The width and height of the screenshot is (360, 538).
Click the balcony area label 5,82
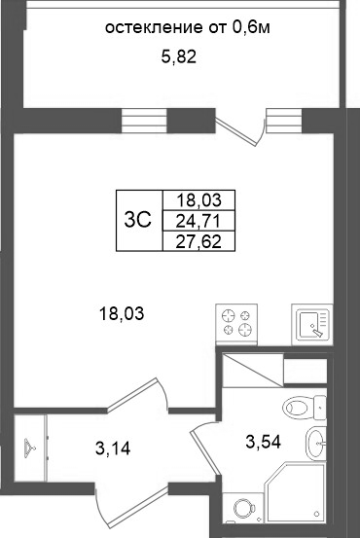pos(179,57)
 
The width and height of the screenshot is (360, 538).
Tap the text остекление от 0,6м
pos(188,27)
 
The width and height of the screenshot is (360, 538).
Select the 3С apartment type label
pos(138,220)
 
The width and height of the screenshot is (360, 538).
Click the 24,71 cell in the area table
pos(198,221)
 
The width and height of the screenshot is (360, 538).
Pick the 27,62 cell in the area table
pos(198,242)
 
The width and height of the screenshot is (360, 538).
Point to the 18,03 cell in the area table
pos(198,200)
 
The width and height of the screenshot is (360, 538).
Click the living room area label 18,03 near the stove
pos(122,314)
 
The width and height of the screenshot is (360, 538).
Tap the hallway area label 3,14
pos(113,448)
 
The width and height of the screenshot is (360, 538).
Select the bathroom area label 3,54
pos(264,442)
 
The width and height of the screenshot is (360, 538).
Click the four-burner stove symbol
pos(236,324)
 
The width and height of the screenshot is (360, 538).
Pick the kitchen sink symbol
pos(312,324)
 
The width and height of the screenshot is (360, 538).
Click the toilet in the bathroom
pos(305,408)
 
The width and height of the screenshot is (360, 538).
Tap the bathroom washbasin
pos(315,444)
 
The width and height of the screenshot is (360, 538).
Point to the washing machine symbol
pos(243,508)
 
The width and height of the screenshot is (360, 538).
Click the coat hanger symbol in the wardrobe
pos(30,448)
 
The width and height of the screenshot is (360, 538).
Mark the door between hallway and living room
pos(137,394)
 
